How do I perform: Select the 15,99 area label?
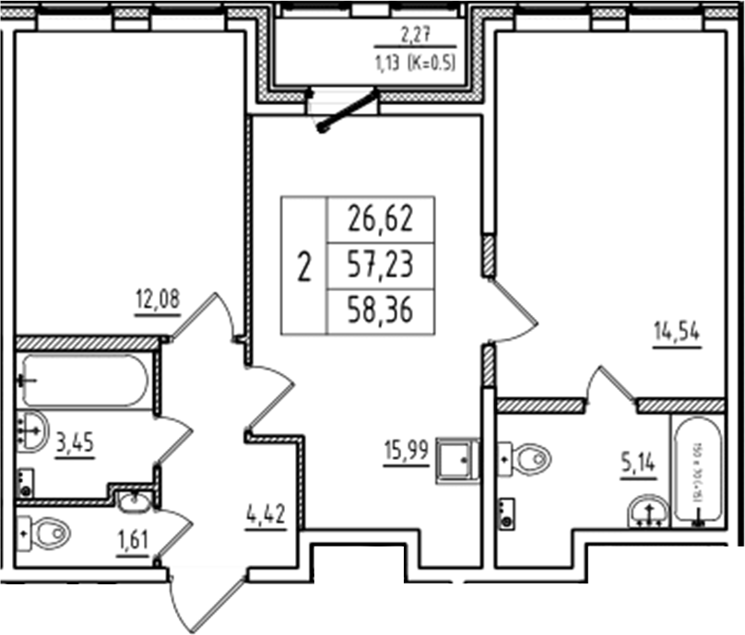pos(407,453)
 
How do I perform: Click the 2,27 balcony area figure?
pos(415,38)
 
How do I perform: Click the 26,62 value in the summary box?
pos(379,218)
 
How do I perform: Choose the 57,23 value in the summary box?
pos(379,265)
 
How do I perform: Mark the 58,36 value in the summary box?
pos(379,312)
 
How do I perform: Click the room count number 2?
pos(305,266)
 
